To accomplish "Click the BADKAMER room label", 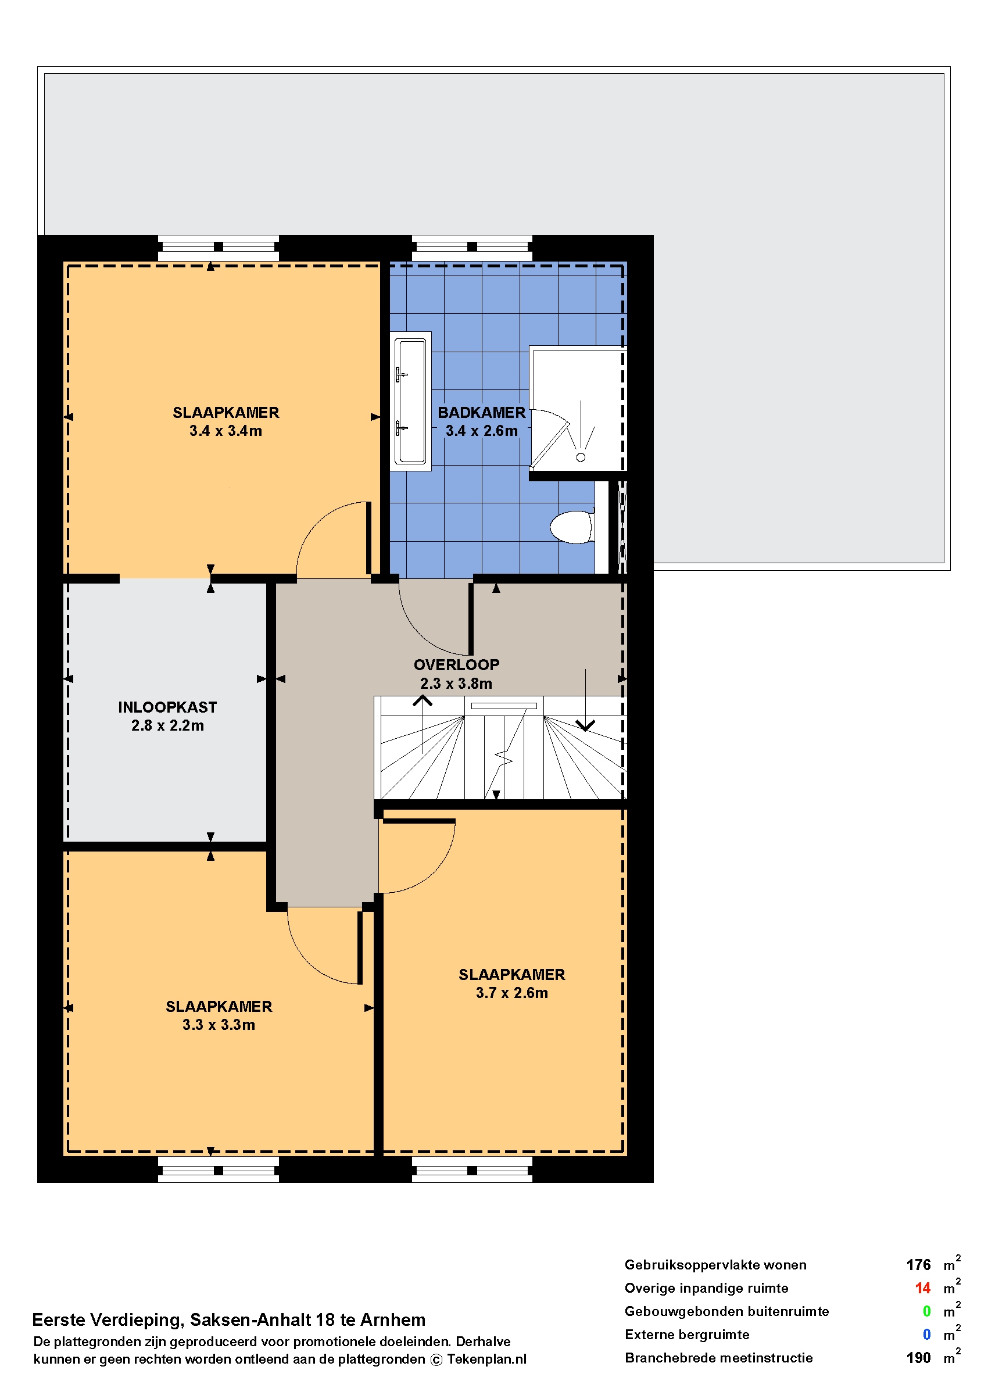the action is [x=481, y=413].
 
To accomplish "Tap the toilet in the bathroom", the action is [x=572, y=527].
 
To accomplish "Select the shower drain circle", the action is [x=581, y=457].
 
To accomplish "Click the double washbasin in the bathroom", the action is [x=411, y=401].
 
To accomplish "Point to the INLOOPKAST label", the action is [x=167, y=707].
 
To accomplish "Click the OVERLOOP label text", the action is [x=456, y=664].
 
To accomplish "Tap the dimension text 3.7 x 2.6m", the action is [x=511, y=992].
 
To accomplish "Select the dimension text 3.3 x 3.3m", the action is [x=219, y=1025].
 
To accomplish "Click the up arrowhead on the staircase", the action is [x=422, y=701].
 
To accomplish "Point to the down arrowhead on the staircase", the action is [x=585, y=726].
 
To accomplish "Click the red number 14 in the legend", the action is [x=922, y=1288].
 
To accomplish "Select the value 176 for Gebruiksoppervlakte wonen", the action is [x=918, y=1265].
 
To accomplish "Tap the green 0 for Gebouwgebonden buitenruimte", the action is [x=926, y=1311].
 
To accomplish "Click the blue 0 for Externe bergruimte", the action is [x=926, y=1334].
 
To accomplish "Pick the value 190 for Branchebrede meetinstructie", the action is [x=918, y=1357].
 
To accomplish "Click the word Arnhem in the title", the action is [x=392, y=1319].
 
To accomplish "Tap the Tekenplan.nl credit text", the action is [x=486, y=1359].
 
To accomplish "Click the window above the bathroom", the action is [x=471, y=248].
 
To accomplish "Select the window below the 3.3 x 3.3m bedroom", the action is [x=219, y=1170].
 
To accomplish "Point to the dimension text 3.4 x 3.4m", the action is [x=225, y=431].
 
